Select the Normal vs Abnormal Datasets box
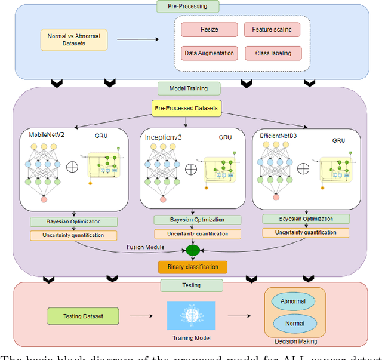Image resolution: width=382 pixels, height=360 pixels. click(74, 40)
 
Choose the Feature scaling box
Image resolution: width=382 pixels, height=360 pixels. click(272, 29)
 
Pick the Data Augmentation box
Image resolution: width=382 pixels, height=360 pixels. click(210, 53)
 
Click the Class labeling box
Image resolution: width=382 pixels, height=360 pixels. click(273, 53)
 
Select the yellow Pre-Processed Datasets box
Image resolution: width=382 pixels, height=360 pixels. click(186, 109)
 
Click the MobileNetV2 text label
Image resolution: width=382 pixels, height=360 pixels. click(48, 135)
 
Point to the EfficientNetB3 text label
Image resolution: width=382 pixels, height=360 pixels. click(280, 136)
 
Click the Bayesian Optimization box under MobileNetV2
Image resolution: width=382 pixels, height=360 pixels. click(73, 221)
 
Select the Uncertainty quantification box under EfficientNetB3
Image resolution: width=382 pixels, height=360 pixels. click(307, 232)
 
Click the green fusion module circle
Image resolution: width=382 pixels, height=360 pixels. click(192, 250)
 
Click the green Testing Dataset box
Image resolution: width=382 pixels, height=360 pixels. click(82, 315)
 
